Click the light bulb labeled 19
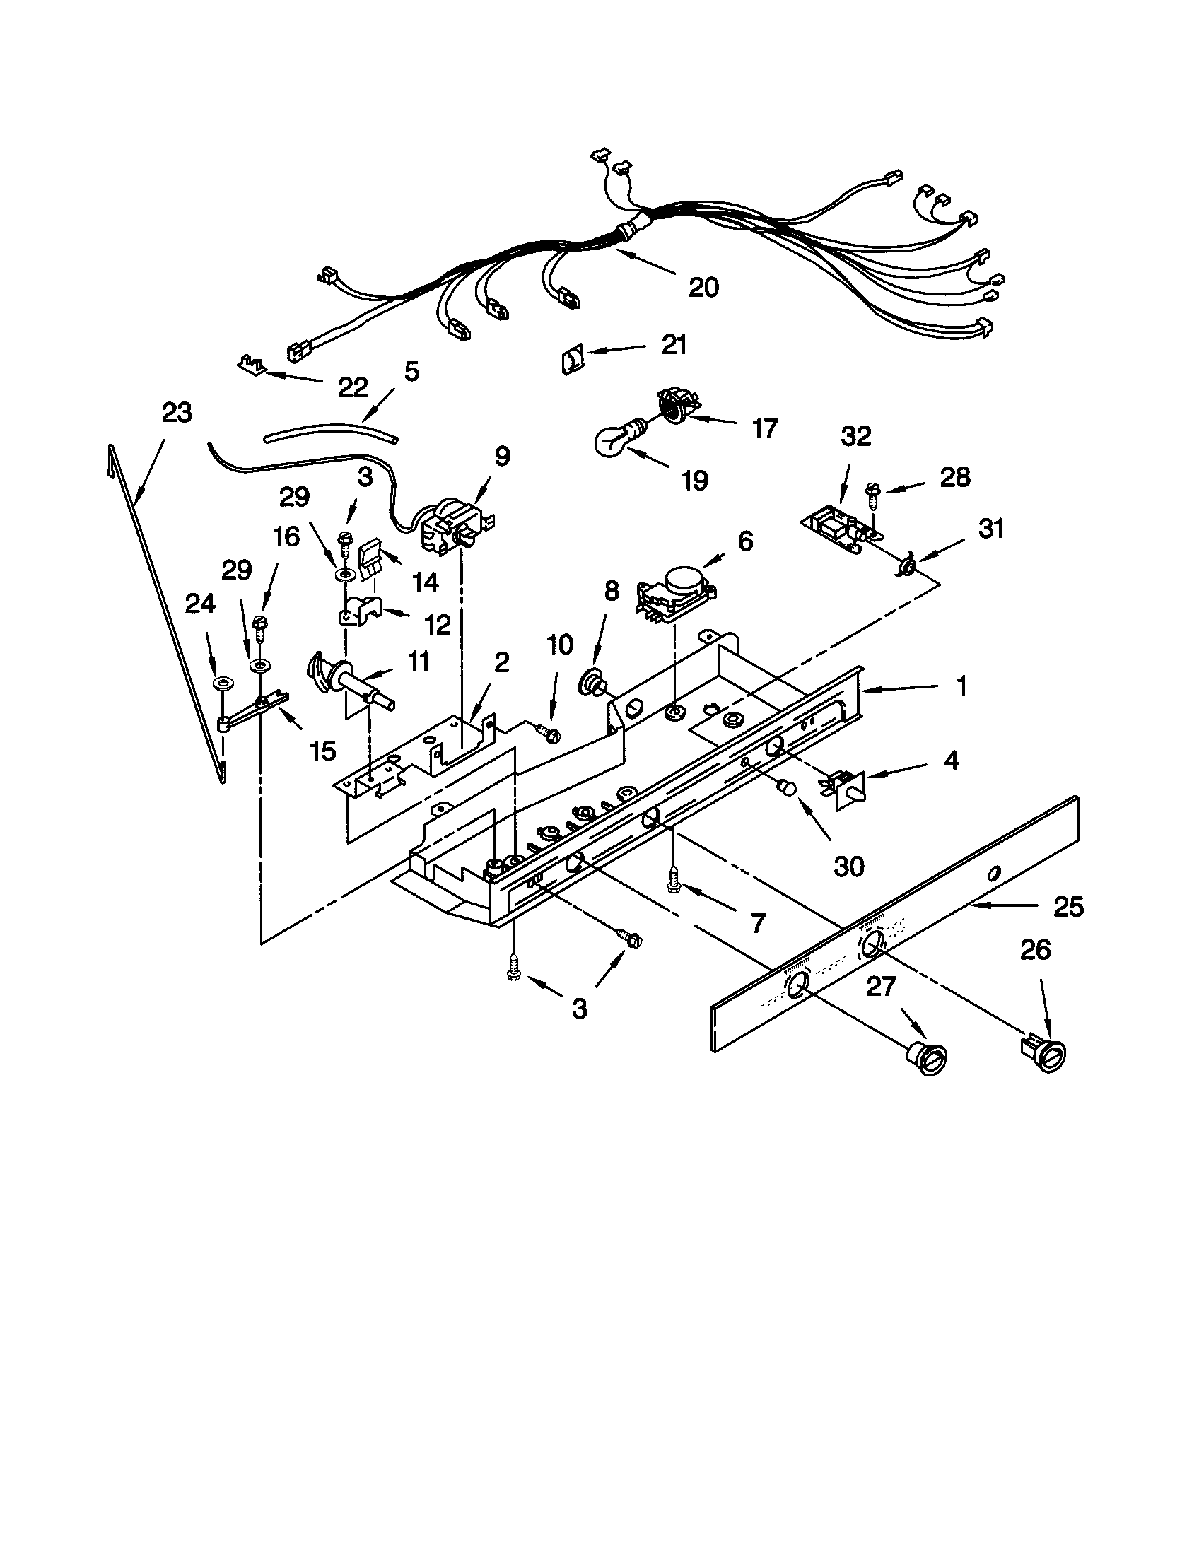pos(614,441)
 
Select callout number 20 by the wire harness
pos(703,287)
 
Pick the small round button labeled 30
pos(787,787)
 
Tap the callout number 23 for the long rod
pos(177,413)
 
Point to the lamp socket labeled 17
pos(673,404)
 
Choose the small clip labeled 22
pos(250,365)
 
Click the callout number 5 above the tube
pos(411,371)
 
